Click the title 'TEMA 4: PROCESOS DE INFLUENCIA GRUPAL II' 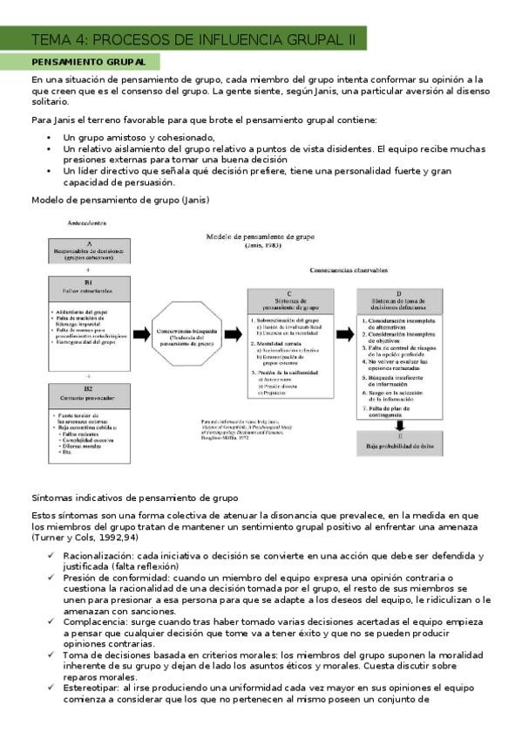(x=193, y=39)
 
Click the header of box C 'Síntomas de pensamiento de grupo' (x=293, y=300)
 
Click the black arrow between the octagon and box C (x=233, y=335)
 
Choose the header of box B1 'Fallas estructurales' (x=88, y=288)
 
